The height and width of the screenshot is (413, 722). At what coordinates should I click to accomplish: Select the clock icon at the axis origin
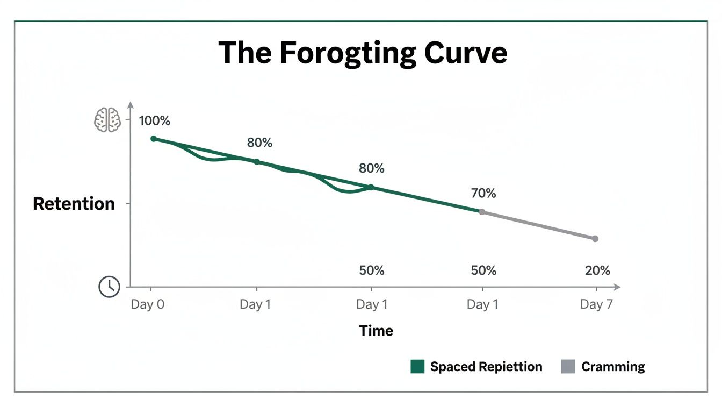[x=109, y=287]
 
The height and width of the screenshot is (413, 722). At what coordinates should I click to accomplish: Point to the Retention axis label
[x=74, y=204]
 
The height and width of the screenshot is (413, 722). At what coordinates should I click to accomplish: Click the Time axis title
[x=376, y=331]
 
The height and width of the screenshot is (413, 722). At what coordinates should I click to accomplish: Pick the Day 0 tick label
[x=148, y=305]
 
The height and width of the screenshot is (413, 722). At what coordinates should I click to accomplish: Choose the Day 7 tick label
[x=596, y=305]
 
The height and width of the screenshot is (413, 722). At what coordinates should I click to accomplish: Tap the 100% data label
[x=155, y=121]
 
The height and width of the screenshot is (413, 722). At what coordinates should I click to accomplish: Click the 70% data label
[x=483, y=193]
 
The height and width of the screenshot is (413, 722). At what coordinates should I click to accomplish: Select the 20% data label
[x=597, y=270]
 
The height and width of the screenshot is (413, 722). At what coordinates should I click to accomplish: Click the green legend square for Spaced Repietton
[x=417, y=367]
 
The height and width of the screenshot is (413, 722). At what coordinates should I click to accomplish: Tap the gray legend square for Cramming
[x=568, y=367]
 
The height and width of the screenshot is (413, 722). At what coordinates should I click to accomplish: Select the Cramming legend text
[x=613, y=367]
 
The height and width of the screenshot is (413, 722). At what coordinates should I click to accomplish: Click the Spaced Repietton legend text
[x=486, y=367]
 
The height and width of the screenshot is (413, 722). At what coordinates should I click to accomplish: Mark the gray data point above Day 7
[x=595, y=239]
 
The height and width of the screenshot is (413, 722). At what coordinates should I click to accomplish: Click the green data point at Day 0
[x=154, y=139]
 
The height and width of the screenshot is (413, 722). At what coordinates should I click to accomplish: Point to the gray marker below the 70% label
[x=482, y=212]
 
